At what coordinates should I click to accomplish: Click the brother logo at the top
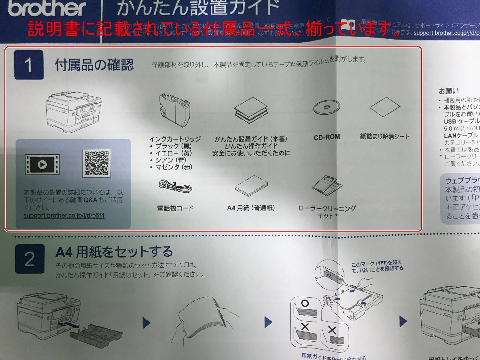click(47, 8)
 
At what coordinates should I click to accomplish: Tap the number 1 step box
click(29, 65)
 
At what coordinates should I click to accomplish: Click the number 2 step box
click(30, 260)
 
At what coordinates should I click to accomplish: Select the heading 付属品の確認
click(94, 65)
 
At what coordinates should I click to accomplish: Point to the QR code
click(96, 163)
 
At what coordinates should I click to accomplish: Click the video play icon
click(42, 164)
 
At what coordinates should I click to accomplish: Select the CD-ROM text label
click(327, 137)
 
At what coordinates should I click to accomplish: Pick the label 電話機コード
click(175, 208)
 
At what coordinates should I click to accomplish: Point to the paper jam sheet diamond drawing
click(385, 106)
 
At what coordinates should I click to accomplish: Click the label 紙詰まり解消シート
click(385, 136)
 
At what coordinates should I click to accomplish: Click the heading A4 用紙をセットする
click(114, 252)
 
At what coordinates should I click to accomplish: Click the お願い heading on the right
click(449, 91)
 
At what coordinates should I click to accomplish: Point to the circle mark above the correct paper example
click(305, 304)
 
